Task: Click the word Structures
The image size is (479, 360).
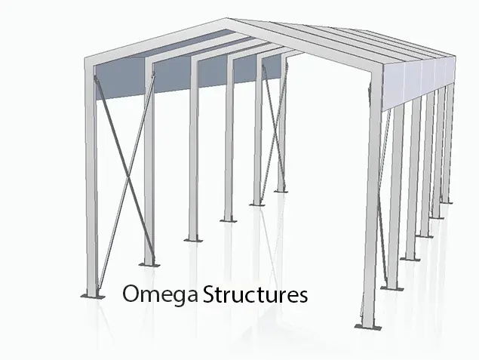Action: point(256,293)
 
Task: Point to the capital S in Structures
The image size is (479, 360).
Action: point(210,293)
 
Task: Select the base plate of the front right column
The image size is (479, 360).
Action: point(367,326)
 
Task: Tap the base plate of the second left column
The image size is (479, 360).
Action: point(148,264)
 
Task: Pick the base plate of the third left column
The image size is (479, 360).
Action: point(193,239)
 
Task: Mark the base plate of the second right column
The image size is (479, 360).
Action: point(392,287)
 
